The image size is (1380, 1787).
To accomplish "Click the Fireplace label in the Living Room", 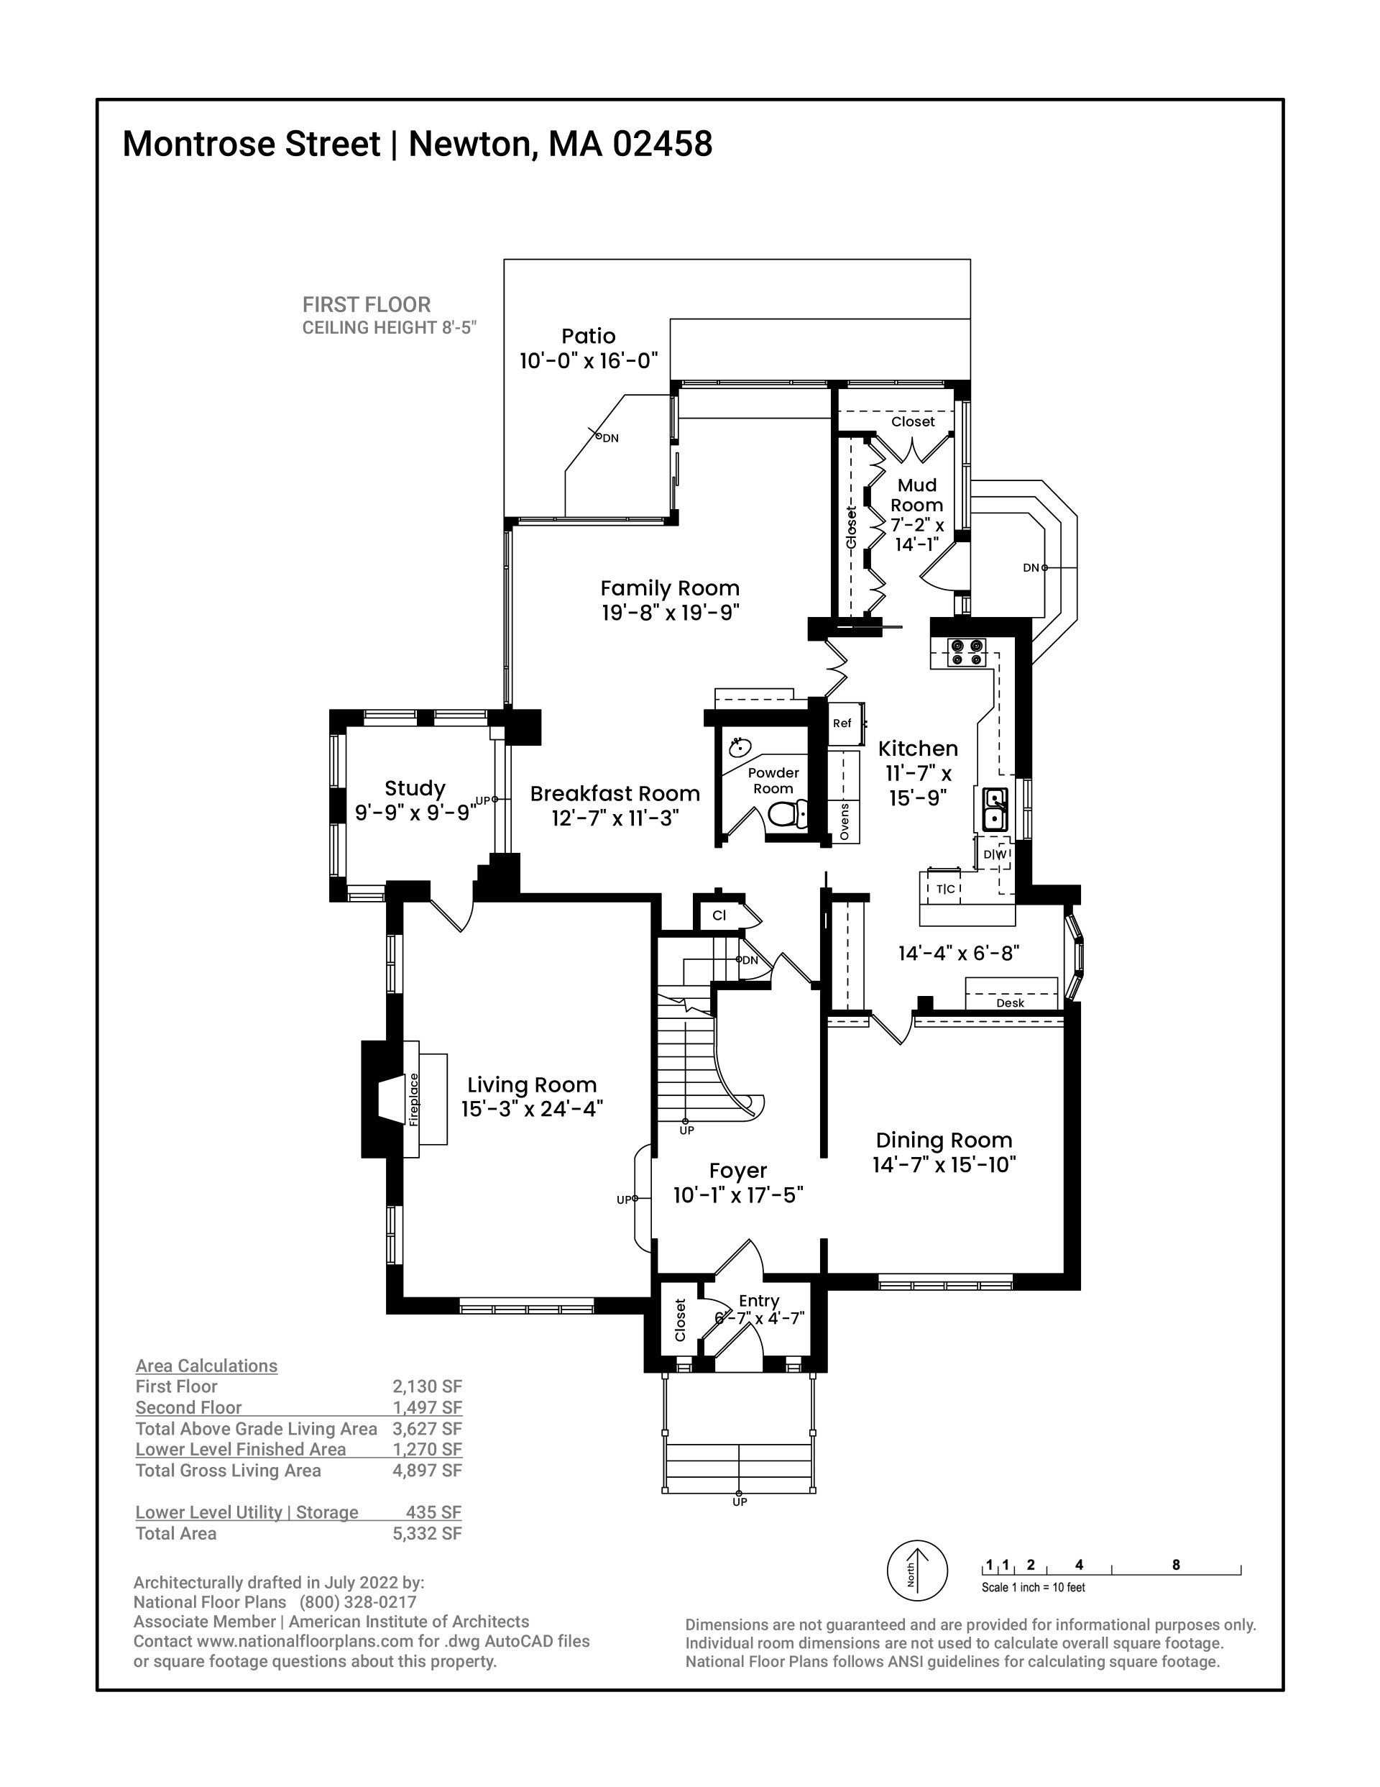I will [414, 1100].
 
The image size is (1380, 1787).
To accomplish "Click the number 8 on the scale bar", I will [1175, 1565].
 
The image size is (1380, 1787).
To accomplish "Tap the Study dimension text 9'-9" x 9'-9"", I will [415, 813].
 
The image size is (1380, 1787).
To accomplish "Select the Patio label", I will [588, 337].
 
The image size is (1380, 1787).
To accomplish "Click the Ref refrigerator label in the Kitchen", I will [842, 723].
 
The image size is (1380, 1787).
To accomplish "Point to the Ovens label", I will [845, 821].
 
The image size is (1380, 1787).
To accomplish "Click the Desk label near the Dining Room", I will [1011, 1003].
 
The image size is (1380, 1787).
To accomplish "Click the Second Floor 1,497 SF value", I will [427, 1407].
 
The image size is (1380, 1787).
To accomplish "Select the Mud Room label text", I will [917, 495].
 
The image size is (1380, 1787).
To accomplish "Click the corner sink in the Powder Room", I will [740, 746].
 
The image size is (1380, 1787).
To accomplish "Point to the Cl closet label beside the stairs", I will [719, 915].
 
